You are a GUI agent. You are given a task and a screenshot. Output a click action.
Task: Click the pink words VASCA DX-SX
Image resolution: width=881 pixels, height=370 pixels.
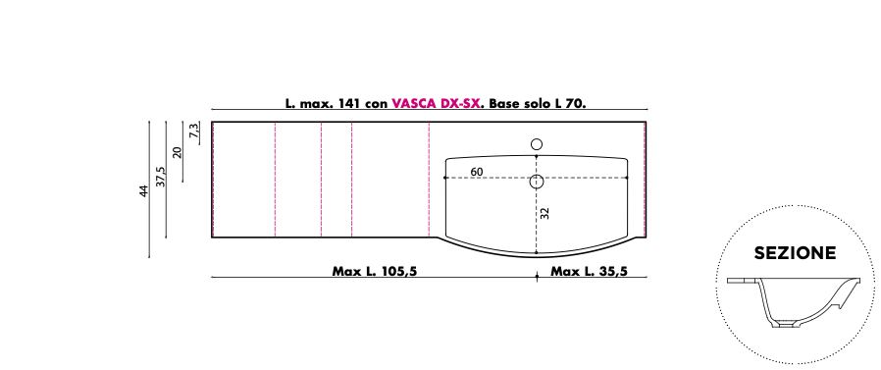tap(436, 103)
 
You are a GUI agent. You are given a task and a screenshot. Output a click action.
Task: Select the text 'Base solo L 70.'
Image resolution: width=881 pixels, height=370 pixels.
tap(538, 103)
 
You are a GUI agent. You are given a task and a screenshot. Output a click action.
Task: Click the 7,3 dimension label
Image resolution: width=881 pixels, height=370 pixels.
tap(194, 132)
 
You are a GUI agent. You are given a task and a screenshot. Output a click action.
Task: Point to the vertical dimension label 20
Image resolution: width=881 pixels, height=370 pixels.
tap(178, 152)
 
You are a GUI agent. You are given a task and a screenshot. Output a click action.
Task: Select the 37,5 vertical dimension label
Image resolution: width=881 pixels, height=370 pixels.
tap(161, 177)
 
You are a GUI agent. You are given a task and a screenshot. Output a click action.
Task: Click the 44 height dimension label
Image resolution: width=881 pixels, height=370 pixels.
tap(144, 190)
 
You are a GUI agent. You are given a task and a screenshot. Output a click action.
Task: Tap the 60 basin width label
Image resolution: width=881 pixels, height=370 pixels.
tap(477, 172)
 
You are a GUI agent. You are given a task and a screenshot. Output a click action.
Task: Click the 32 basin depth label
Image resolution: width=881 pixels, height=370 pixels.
tap(544, 213)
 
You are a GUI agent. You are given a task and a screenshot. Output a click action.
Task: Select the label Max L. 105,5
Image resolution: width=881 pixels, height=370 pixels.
tap(375, 271)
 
